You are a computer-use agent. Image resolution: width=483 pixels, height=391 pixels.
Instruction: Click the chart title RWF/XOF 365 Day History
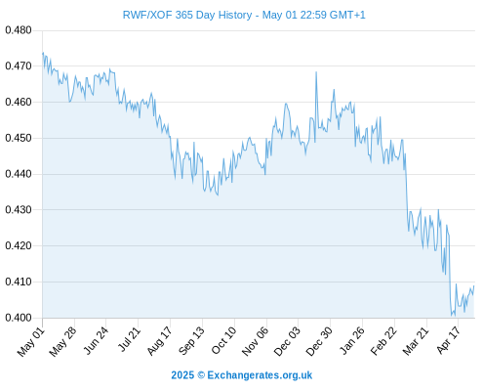pyautogui.click(x=187, y=15)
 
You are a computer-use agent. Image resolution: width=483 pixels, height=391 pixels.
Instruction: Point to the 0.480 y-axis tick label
pyautogui.click(x=19, y=30)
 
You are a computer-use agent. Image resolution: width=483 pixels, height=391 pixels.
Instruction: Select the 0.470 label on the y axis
pyautogui.click(x=19, y=66)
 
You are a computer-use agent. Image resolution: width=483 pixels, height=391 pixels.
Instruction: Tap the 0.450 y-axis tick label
pyautogui.click(x=19, y=138)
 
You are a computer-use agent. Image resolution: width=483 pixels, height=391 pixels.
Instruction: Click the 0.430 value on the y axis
pyautogui.click(x=19, y=210)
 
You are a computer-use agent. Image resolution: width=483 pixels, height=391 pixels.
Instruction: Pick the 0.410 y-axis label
pyautogui.click(x=19, y=282)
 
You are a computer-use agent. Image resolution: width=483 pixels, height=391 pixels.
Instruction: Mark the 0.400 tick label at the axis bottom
pyautogui.click(x=19, y=318)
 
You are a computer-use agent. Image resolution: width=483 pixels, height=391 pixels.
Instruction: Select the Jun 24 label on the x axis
pyautogui.click(x=96, y=340)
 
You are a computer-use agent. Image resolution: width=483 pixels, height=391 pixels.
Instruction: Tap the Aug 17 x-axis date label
pyautogui.click(x=159, y=340)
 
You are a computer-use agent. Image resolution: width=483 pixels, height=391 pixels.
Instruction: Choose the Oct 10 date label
pyautogui.click(x=223, y=340)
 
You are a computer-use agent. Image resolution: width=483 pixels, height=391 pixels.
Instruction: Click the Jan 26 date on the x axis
pyautogui.click(x=351, y=340)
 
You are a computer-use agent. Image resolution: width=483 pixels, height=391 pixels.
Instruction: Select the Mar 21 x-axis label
pyautogui.click(x=416, y=340)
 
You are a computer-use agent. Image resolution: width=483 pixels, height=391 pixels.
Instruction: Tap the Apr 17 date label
pyautogui.click(x=449, y=340)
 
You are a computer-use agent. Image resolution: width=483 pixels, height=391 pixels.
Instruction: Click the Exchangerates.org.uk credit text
pyautogui.click(x=260, y=375)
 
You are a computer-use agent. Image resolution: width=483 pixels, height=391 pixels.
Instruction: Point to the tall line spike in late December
pyautogui.click(x=316, y=72)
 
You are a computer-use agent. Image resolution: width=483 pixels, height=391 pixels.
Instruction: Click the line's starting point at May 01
pyautogui.click(x=43, y=53)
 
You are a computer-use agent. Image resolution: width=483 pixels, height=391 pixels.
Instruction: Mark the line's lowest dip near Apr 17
pyautogui.click(x=452, y=316)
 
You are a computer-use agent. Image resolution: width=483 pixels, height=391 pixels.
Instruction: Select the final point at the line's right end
pyautogui.click(x=474, y=285)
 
